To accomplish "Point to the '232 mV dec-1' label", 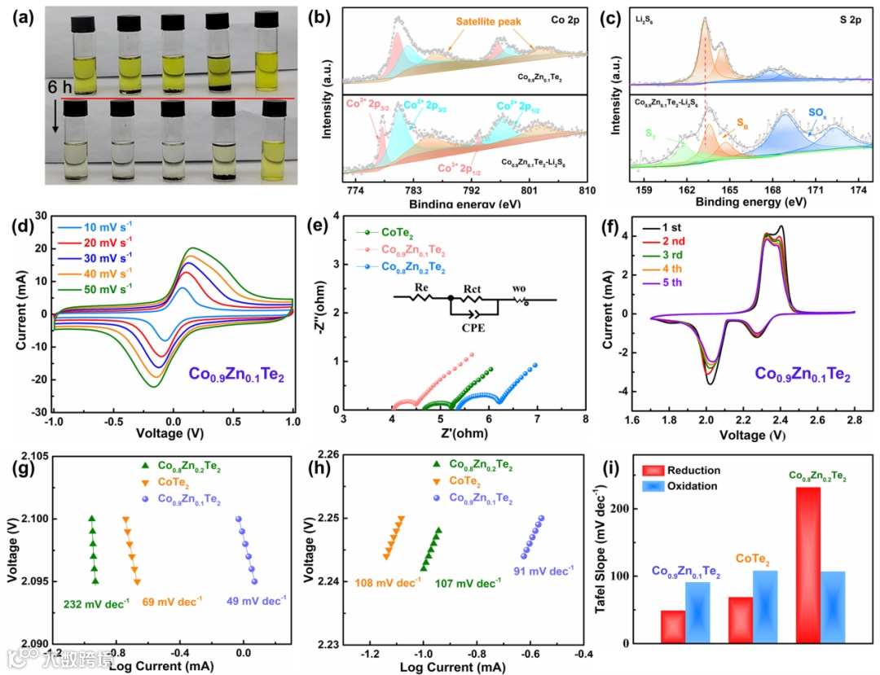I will (94, 605).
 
